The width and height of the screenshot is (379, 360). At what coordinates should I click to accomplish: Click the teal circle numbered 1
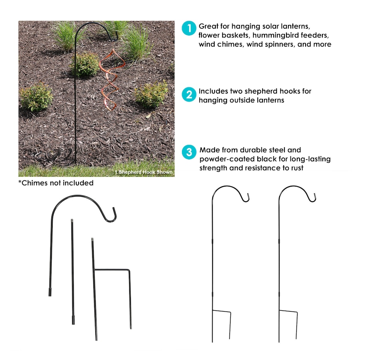(189, 28)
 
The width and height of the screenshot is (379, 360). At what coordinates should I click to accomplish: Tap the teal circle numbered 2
(189, 94)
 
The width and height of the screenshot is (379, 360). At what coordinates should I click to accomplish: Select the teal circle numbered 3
(189, 152)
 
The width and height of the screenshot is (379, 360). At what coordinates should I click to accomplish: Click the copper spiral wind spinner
(111, 80)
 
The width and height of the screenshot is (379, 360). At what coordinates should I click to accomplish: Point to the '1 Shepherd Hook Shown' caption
(144, 172)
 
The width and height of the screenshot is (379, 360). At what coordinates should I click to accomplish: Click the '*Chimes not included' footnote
(56, 183)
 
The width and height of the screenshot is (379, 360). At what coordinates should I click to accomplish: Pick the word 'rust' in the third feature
(297, 168)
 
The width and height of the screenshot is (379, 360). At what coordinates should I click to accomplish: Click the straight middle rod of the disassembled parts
(73, 271)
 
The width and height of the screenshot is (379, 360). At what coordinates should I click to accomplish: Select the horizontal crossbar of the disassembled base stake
(112, 270)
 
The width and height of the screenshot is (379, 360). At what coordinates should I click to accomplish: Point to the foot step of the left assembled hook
(222, 311)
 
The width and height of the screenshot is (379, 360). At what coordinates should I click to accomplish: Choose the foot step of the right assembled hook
(288, 311)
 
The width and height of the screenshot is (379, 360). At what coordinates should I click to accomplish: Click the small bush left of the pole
(36, 96)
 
